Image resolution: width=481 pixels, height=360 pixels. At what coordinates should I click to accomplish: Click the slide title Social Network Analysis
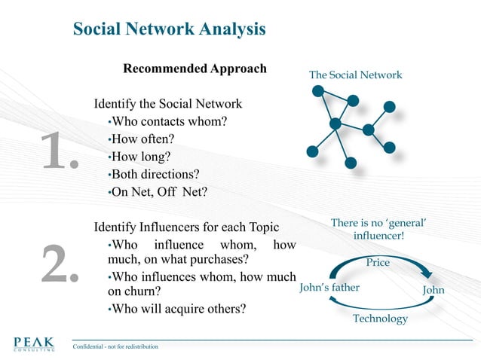click(x=169, y=29)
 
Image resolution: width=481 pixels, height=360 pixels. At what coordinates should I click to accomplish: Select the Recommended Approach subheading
click(x=195, y=69)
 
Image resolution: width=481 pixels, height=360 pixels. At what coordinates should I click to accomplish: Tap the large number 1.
click(x=59, y=151)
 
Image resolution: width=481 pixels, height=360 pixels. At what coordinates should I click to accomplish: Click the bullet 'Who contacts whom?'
click(x=169, y=121)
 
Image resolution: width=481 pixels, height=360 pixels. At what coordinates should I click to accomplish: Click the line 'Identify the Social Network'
click(x=167, y=103)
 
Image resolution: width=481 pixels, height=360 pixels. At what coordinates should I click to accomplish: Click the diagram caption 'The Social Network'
click(x=355, y=75)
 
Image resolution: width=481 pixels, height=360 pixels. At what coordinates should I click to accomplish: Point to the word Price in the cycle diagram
click(x=378, y=263)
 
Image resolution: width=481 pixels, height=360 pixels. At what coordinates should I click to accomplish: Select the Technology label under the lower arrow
click(x=380, y=319)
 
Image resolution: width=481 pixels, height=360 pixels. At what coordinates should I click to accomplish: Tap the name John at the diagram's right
click(x=434, y=290)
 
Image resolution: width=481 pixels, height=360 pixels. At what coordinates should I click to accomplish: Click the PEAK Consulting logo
click(x=34, y=343)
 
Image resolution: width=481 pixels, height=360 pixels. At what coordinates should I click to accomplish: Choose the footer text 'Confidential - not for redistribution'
click(x=115, y=346)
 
